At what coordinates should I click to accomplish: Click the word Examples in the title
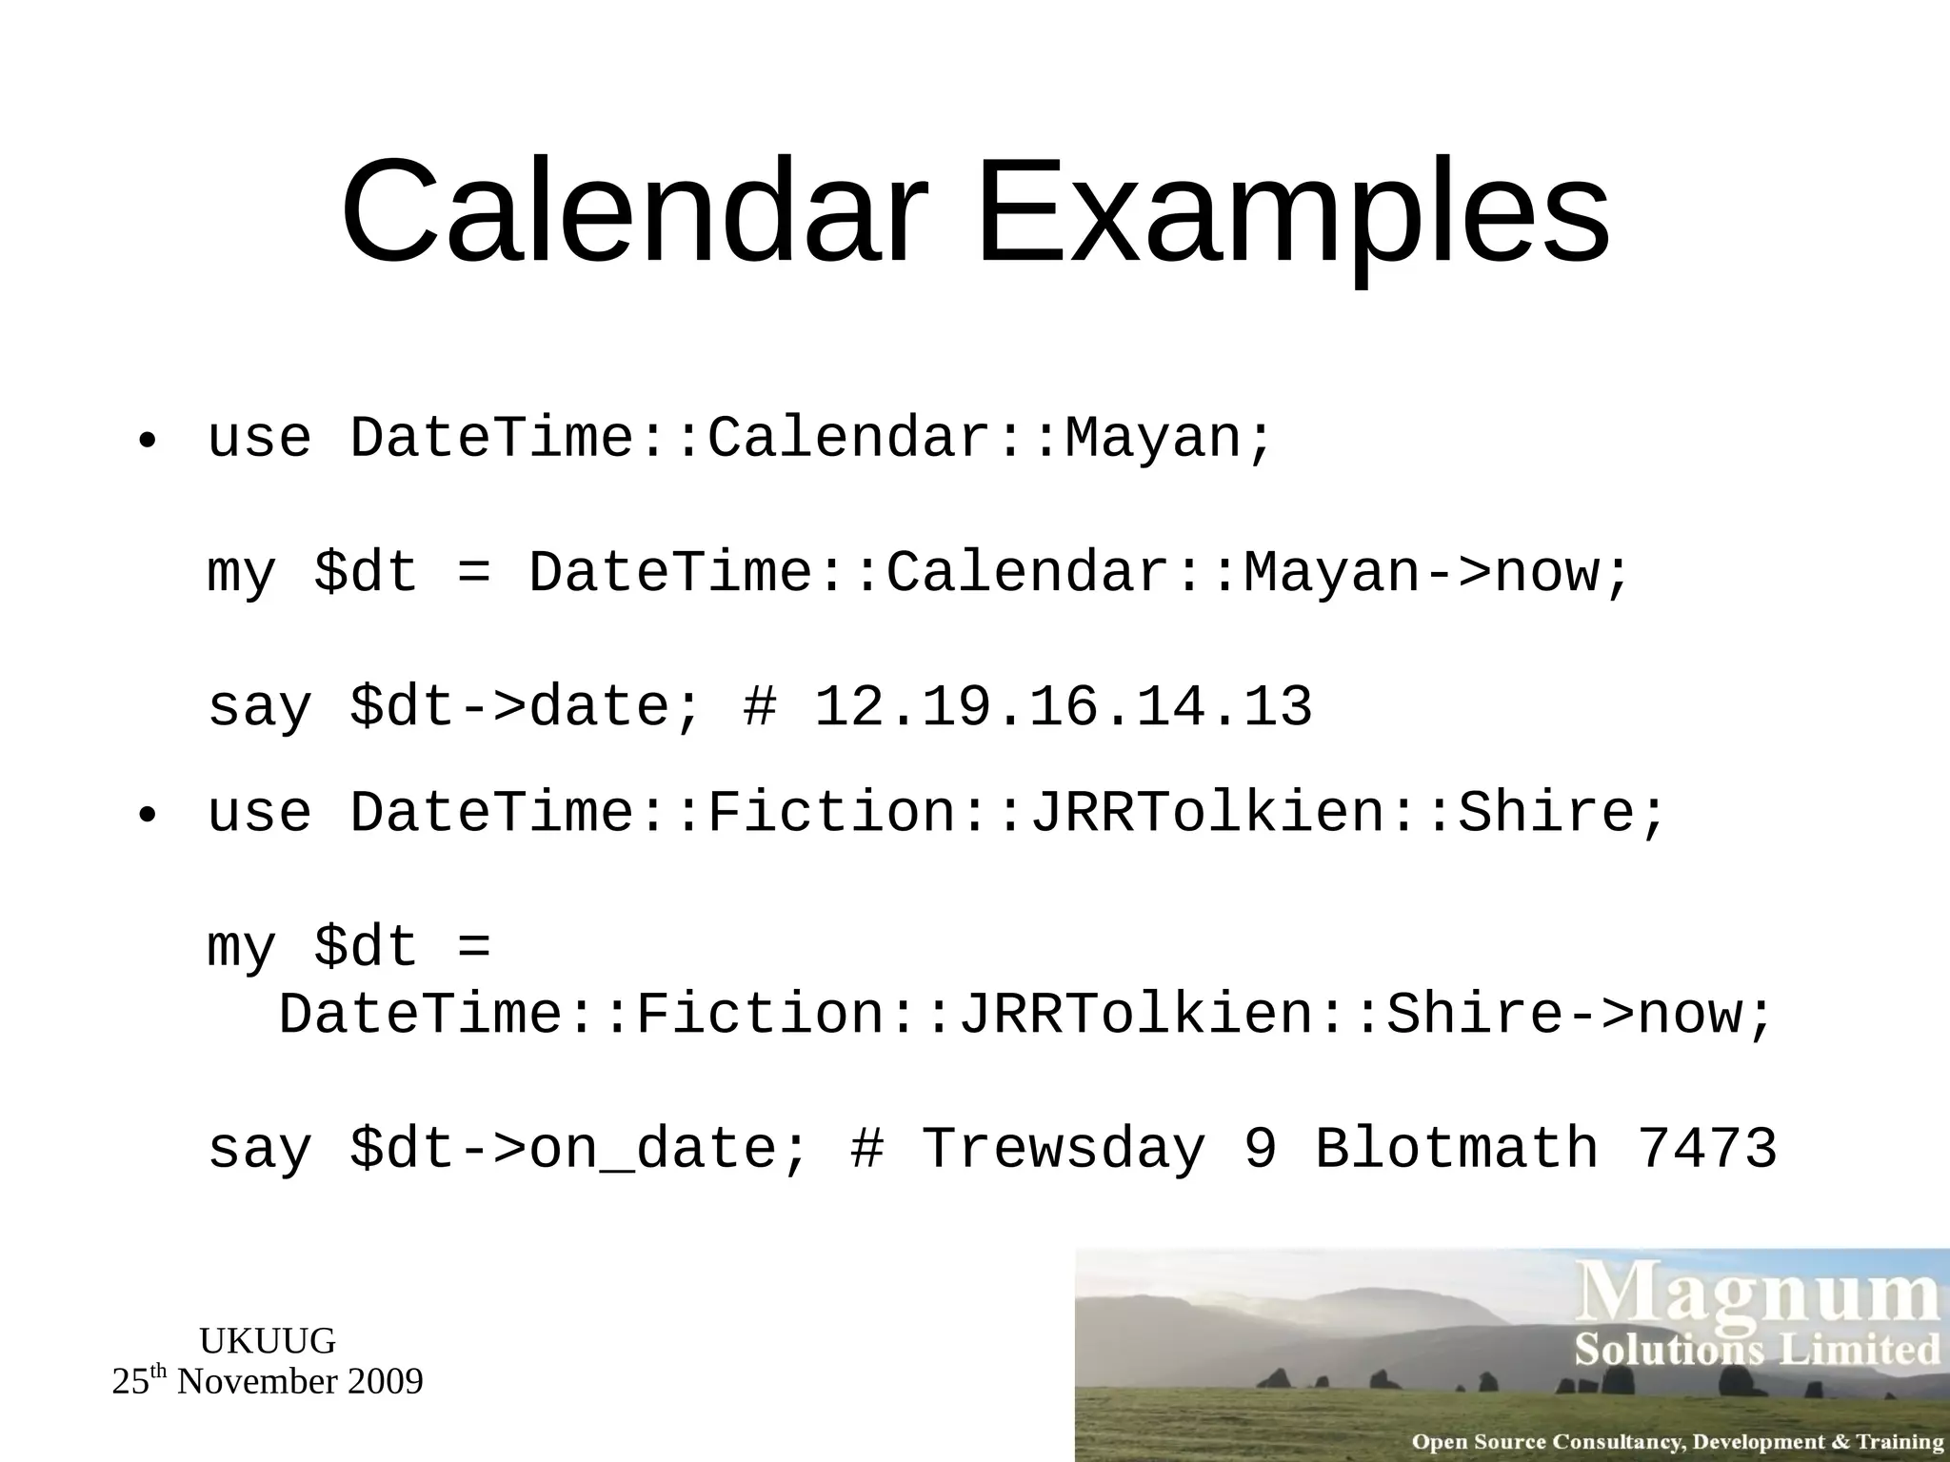tap(1292, 211)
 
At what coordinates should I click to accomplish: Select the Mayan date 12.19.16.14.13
tap(1063, 707)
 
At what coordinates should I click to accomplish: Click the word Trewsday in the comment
tap(1064, 1149)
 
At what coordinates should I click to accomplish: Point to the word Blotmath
tap(1456, 1149)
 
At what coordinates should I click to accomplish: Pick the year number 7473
tap(1706, 1149)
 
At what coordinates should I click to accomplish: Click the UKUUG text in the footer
tap(268, 1341)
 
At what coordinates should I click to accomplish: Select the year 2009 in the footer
tap(384, 1382)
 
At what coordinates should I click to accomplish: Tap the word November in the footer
tap(257, 1382)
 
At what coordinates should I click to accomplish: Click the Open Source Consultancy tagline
tap(1677, 1442)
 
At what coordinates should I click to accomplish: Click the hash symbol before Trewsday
tap(866, 1149)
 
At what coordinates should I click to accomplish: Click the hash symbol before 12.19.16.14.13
tap(760, 707)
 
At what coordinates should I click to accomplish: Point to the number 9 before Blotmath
tap(1261, 1149)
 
